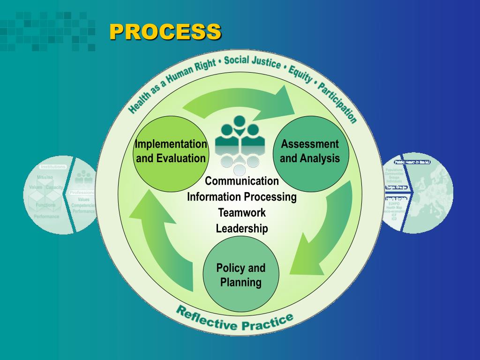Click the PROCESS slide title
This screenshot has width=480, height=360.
(165, 32)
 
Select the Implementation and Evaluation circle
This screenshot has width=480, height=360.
(171, 150)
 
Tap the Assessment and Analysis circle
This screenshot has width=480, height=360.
(310, 150)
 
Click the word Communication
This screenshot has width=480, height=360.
(242, 181)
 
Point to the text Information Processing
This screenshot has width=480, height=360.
(242, 197)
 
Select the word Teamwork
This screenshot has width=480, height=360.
(242, 213)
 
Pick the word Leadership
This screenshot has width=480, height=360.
(242, 229)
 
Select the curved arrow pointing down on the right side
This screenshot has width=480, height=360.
(323, 230)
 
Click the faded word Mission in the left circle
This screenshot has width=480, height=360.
(45, 177)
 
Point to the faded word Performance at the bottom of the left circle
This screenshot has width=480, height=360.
(46, 217)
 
